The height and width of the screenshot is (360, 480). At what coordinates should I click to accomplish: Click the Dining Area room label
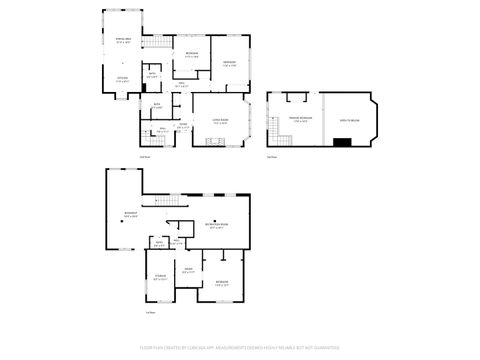(x=122, y=42)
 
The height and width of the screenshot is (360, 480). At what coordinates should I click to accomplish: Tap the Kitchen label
(x=122, y=78)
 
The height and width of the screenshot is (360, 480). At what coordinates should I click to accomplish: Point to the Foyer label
(x=183, y=127)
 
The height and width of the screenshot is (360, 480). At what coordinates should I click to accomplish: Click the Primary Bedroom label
(x=299, y=121)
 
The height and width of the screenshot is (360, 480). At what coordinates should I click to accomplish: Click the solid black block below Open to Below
(x=342, y=141)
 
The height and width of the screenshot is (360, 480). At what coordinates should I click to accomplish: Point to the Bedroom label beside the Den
(x=221, y=284)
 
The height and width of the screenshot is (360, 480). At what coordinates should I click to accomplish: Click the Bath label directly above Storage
(x=159, y=244)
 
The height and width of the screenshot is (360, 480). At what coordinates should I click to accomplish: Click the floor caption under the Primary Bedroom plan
(x=272, y=156)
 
